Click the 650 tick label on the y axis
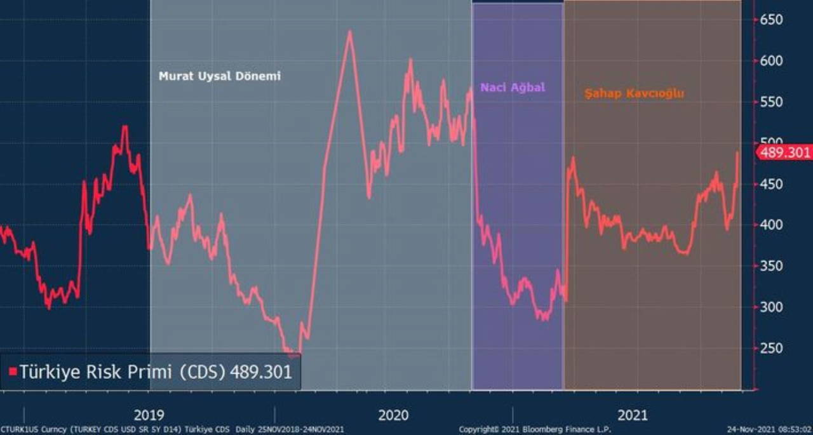(x=772, y=20)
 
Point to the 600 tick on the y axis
(x=772, y=61)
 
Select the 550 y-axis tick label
(x=772, y=102)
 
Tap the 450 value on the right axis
(x=772, y=184)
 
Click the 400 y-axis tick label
(x=772, y=225)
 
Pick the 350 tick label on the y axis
(x=772, y=266)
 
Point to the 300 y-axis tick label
(x=772, y=307)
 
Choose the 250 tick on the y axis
(x=772, y=348)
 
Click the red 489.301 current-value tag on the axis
(x=785, y=152)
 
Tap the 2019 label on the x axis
(x=149, y=415)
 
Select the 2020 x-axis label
(x=394, y=415)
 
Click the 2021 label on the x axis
(x=633, y=415)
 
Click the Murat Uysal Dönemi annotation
(x=219, y=76)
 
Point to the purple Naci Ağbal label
(x=513, y=88)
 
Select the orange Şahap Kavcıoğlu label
(x=634, y=93)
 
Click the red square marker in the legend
(x=12, y=372)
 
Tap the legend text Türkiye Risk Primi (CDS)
(x=121, y=372)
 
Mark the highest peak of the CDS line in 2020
(x=349, y=31)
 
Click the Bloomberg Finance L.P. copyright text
(x=535, y=430)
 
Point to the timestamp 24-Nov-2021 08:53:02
(x=769, y=430)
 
